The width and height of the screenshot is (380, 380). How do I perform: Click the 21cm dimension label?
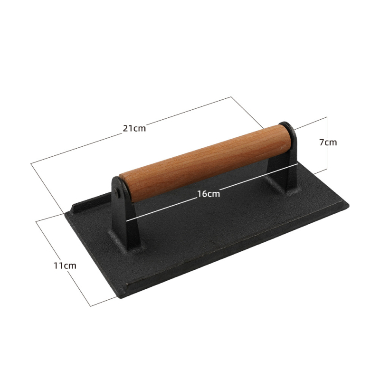click(134, 128)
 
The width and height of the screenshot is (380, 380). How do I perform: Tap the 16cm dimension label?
click(209, 194)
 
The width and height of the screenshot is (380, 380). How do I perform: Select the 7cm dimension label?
click(328, 142)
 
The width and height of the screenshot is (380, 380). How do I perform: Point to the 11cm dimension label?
click(65, 266)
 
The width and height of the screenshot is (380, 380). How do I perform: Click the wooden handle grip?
click(205, 163)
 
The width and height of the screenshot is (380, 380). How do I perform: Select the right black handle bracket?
click(287, 158)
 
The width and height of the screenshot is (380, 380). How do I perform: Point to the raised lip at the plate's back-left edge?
click(90, 204)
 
